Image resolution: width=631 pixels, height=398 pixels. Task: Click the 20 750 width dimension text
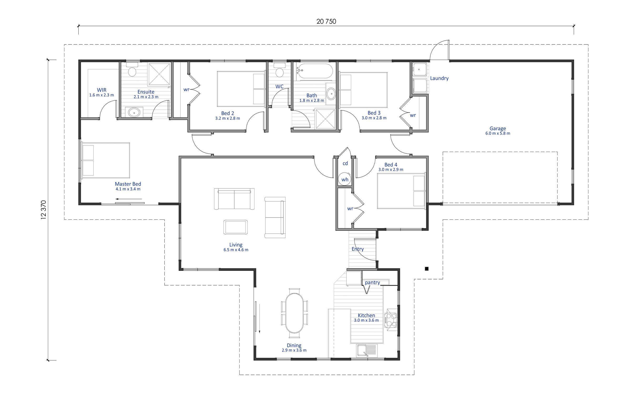coord(326,22)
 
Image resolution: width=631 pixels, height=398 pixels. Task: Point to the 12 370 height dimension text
coord(44,210)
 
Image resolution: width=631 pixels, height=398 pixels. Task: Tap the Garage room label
coord(497,129)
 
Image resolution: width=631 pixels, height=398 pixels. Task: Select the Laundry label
coord(439,78)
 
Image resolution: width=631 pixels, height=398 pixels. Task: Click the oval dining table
coord(294,313)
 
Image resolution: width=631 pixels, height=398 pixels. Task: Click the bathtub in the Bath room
coord(315,71)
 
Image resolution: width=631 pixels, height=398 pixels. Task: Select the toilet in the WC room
coord(279,70)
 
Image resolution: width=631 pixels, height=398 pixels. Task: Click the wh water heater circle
coord(345,179)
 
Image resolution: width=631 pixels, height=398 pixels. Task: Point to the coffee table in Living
coord(235,227)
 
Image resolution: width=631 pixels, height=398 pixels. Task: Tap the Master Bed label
coord(128,184)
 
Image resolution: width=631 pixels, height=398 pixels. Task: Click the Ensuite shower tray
coord(159,74)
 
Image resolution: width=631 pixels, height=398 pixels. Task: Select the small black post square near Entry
coord(427,269)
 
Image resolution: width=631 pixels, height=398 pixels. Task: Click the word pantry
coord(372,283)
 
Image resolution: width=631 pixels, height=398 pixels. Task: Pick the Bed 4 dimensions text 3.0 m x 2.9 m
coord(391,170)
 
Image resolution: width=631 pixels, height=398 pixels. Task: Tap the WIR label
coord(101,90)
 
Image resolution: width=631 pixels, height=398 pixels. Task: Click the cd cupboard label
coord(345,163)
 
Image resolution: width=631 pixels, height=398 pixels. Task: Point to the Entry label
coord(358,249)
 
